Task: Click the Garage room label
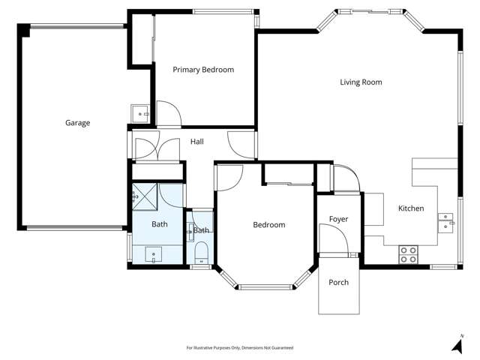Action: pyautogui.click(x=77, y=123)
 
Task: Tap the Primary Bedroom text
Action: pyautogui.click(x=203, y=70)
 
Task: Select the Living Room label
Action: pyautogui.click(x=361, y=82)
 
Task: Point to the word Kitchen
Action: pyautogui.click(x=411, y=208)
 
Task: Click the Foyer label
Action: pyautogui.click(x=339, y=219)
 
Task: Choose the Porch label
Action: pyautogui.click(x=339, y=283)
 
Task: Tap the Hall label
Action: pyautogui.click(x=196, y=142)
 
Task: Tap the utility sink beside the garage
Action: pyautogui.click(x=140, y=114)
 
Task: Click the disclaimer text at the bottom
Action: pyautogui.click(x=239, y=348)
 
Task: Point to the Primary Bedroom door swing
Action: pyautogui.click(x=169, y=115)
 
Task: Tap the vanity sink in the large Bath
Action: pyautogui.click(x=155, y=253)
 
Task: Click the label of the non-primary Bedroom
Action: pyautogui.click(x=268, y=225)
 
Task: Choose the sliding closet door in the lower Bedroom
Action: pyautogui.click(x=289, y=183)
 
